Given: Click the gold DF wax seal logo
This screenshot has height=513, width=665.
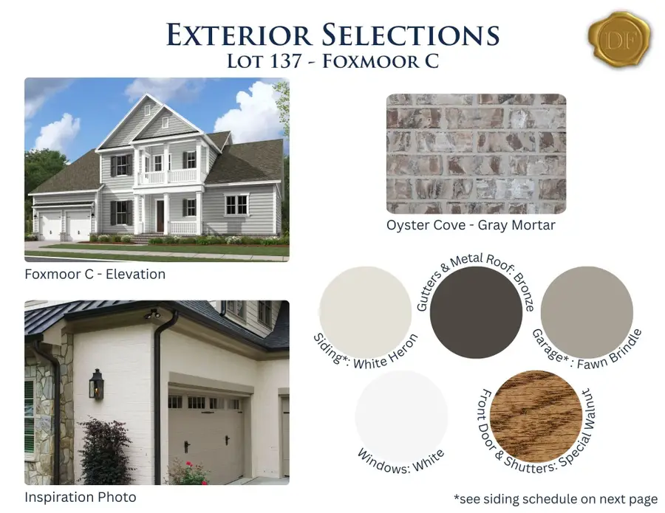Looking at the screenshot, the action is tap(619, 40).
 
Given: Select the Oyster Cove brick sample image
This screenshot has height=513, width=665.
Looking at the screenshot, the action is tap(477, 154).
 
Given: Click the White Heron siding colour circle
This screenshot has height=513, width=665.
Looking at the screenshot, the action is tap(366, 312).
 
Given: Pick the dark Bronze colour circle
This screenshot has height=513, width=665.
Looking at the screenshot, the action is tap(476, 313).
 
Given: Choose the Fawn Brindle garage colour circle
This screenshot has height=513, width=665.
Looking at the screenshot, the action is tap(587, 312).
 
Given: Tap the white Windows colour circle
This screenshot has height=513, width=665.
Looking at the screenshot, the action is tap(401, 416).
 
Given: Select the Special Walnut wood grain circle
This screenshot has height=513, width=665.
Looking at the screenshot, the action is tap(536, 416).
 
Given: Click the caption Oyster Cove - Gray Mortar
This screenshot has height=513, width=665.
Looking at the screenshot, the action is tap(471, 225).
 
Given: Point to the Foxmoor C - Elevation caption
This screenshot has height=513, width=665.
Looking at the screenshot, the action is tap(95, 274).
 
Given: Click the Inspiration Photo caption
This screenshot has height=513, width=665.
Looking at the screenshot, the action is tap(81, 497).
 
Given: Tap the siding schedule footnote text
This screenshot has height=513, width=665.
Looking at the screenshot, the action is tap(556, 499).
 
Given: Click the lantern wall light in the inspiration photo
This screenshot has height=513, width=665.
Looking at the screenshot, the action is tap(97, 385).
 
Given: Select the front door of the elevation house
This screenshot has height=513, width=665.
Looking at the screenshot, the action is tap(160, 216).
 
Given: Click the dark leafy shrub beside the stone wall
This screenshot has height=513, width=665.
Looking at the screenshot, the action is tap(104, 451).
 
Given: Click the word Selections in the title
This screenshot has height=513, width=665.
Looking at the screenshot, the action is tap(411, 35).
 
